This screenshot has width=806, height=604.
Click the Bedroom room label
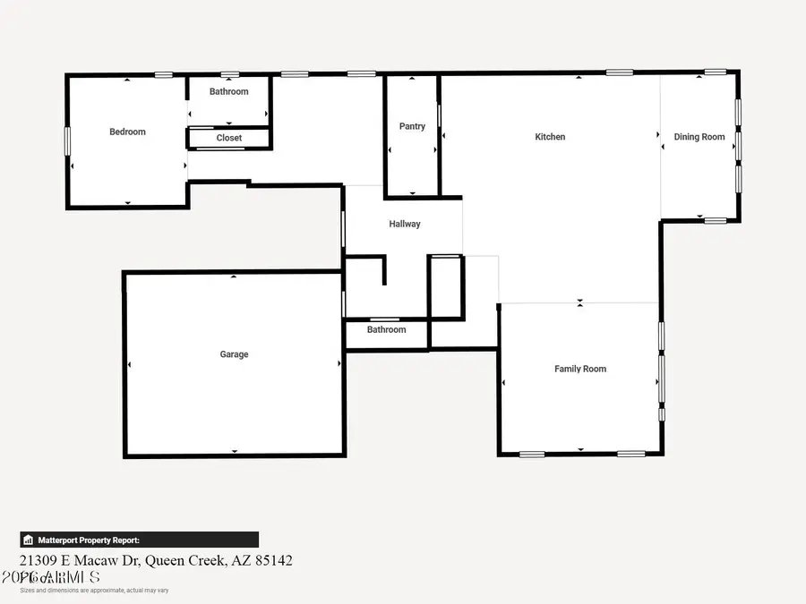point(127,132)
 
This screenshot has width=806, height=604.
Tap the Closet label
point(229,138)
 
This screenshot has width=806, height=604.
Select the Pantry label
point(412,126)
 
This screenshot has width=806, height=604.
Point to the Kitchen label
point(550,137)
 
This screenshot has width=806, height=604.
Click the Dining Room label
point(699,137)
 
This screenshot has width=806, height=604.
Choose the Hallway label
point(404,224)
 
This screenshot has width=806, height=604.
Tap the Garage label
point(234,354)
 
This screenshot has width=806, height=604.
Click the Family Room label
point(580,369)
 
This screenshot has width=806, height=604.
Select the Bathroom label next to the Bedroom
point(229,91)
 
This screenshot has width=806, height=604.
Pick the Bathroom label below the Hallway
point(386,329)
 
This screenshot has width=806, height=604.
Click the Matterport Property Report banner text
point(89,540)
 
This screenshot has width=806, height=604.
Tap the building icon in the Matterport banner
point(29,540)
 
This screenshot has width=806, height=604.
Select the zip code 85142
point(272,560)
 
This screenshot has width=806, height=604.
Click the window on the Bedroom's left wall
point(67,140)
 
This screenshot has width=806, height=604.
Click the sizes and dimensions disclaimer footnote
point(94,591)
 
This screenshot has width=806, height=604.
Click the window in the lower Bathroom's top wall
point(385,319)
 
